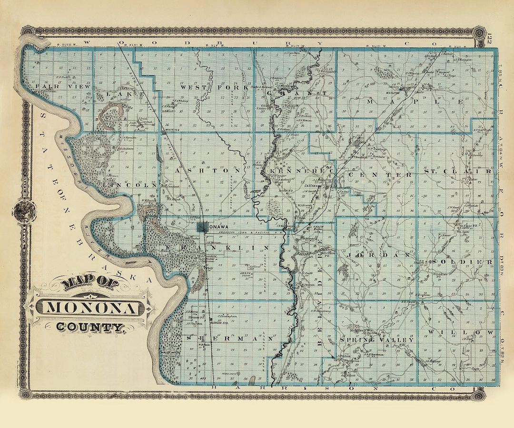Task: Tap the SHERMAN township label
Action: (x=230, y=338)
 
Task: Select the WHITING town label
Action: (x=170, y=129)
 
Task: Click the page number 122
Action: (x=491, y=39)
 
